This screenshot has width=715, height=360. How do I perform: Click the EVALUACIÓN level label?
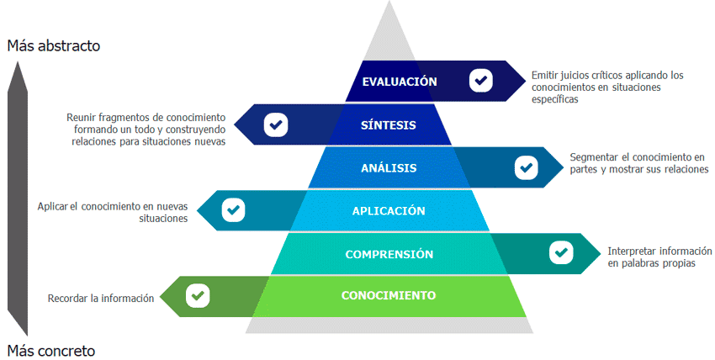tap(400, 82)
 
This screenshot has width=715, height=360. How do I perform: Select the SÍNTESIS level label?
tap(389, 125)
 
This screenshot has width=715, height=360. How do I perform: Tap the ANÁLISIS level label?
tap(389, 168)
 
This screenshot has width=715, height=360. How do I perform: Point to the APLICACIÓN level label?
tap(389, 211)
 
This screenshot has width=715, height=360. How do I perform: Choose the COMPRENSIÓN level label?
tap(389, 254)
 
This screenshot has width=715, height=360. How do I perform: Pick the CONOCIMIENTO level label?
tap(389, 295)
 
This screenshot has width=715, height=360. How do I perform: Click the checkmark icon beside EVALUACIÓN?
tap(480, 81)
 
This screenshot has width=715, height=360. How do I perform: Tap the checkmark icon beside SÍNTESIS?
tap(275, 124)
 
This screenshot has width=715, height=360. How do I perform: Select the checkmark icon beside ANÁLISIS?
tap(527, 167)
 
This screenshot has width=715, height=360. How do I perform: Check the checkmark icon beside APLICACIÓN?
tap(233, 210)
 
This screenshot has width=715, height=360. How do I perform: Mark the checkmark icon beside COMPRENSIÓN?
tap(560, 252)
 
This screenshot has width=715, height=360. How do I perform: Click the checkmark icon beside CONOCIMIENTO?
tap(198, 295)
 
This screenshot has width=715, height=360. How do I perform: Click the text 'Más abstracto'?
tap(54, 46)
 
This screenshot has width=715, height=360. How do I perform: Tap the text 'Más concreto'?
tap(51, 350)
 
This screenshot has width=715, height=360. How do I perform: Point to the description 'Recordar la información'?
tap(101, 298)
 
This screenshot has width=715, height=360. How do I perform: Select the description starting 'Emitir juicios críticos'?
tap(607, 87)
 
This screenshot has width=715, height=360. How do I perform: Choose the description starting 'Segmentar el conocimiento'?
tap(638, 163)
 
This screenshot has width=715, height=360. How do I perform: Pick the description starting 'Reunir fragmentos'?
tap(146, 129)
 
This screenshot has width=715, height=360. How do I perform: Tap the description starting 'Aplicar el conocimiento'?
tap(114, 212)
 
